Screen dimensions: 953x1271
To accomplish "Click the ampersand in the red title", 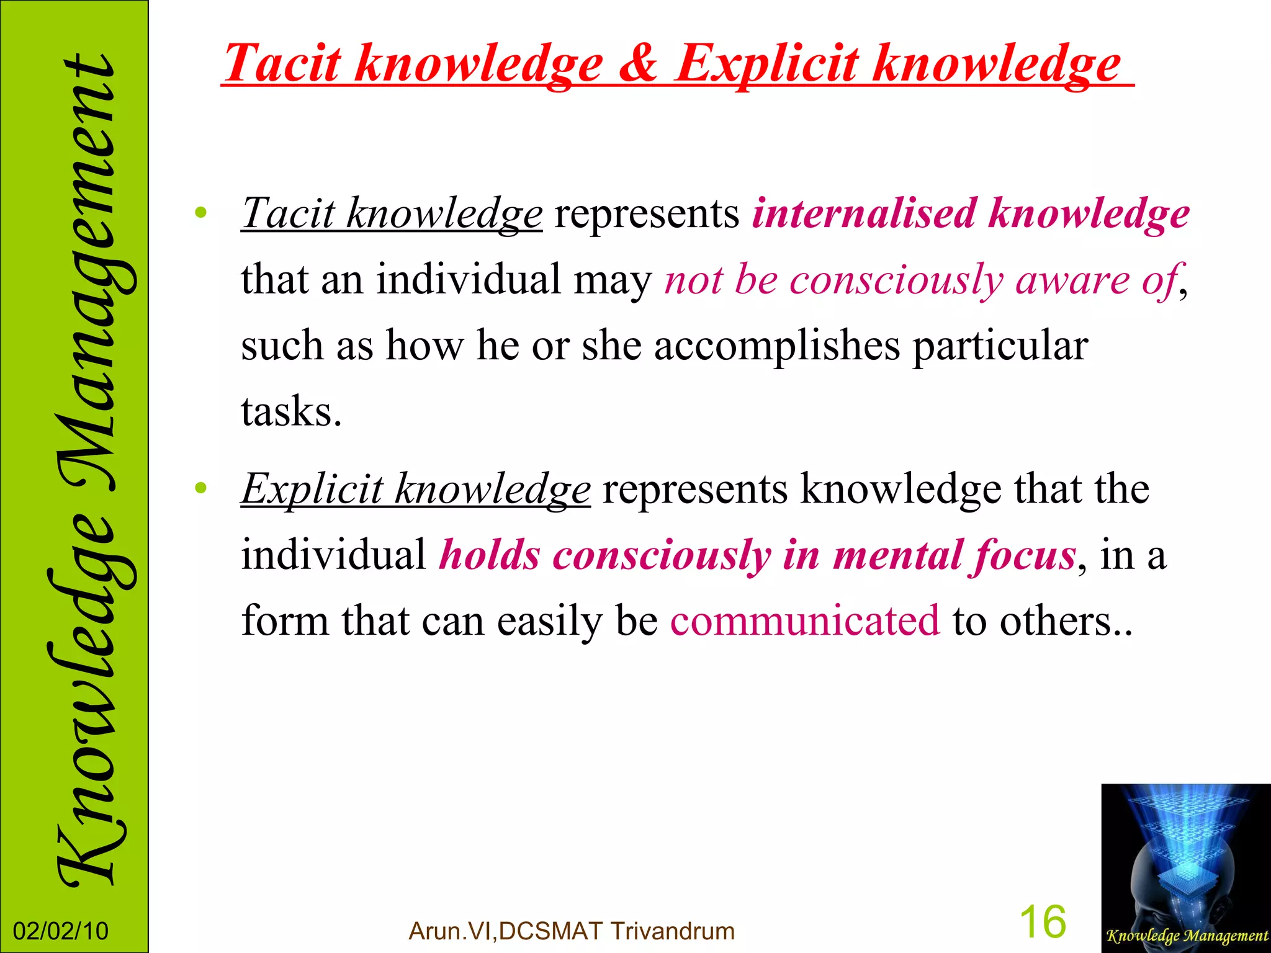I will pyautogui.click(x=638, y=64).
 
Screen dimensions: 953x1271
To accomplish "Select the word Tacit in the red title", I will pyautogui.click(x=282, y=64).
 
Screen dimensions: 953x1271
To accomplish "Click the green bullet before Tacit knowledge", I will pyautogui.click(x=200, y=213).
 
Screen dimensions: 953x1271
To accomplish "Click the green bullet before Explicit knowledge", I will pyautogui.click(x=200, y=488).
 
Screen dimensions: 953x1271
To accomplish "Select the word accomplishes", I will pyautogui.click(x=776, y=346).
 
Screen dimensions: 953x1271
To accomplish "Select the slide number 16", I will pyautogui.click(x=1043, y=921).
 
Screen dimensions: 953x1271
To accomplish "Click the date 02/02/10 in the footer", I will pyautogui.click(x=61, y=931).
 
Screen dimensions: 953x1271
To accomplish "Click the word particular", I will pyautogui.click(x=1000, y=346).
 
